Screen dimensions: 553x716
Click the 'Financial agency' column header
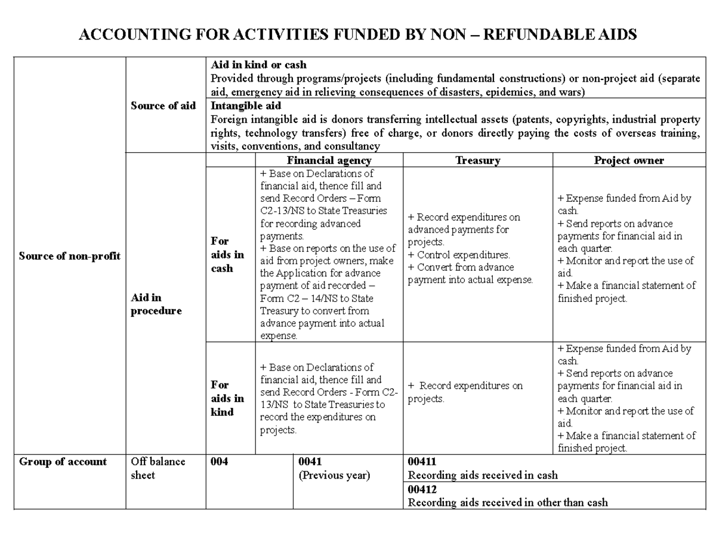pyautogui.click(x=329, y=160)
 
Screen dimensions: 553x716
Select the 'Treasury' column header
pyautogui.click(x=477, y=160)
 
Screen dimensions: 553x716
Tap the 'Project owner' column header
pyautogui.click(x=628, y=160)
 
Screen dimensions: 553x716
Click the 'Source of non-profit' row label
pyautogui.click(x=69, y=256)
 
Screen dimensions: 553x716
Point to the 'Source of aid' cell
pyautogui.click(x=163, y=106)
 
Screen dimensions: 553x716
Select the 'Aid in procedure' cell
pyautogui.click(x=156, y=304)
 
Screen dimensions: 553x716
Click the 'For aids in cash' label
pyautogui.click(x=227, y=255)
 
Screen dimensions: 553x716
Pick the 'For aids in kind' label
pyautogui.click(x=227, y=398)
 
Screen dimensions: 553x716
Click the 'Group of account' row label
pyautogui.click(x=63, y=462)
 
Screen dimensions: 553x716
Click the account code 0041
pyautogui.click(x=310, y=462)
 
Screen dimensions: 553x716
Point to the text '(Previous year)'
pyautogui.click(x=334, y=475)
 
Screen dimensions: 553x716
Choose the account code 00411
pyautogui.click(x=422, y=462)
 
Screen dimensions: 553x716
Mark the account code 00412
pyautogui.click(x=422, y=489)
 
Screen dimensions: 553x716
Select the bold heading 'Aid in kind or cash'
pyautogui.click(x=258, y=64)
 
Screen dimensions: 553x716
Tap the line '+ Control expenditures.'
pyautogui.click(x=459, y=255)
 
